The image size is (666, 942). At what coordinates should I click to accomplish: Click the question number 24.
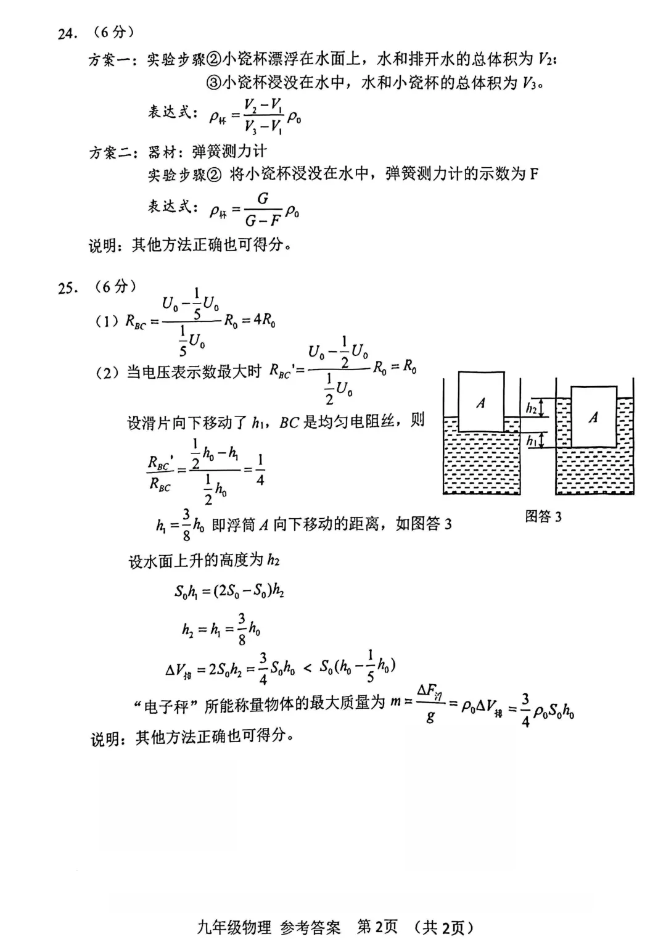66,34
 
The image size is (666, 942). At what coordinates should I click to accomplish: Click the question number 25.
67,287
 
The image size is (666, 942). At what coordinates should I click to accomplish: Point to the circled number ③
212,82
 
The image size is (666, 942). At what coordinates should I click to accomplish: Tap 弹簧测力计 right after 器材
229,152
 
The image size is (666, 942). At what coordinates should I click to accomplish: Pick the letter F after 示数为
533,174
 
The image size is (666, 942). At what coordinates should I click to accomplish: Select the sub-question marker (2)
107,373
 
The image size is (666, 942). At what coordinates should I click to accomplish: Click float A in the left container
481,403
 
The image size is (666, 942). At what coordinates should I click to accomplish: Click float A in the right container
593,417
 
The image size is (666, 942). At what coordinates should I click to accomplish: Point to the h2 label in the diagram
531,408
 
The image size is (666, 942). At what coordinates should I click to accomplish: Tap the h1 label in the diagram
531,440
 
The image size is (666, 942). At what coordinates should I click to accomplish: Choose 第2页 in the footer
377,927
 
